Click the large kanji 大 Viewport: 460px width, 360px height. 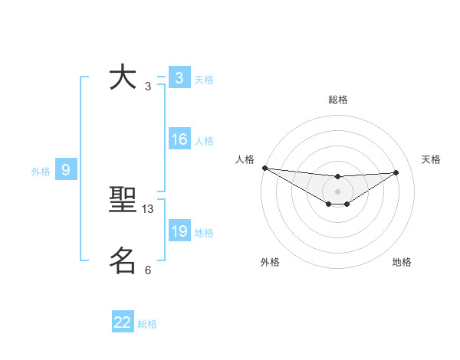123,78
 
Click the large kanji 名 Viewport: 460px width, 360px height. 123,260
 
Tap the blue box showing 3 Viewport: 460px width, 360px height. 179,78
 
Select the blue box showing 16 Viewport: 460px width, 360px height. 179,139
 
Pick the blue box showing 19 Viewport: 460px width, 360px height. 179,231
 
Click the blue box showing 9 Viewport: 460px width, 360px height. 66,170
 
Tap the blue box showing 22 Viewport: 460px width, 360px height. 123,322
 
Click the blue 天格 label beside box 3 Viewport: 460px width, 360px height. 204,80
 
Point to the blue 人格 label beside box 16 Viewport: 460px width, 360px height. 204,141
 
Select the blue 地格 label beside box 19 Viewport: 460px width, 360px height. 204,233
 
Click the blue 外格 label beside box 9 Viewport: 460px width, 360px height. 41,172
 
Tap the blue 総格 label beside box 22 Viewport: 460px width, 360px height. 147,324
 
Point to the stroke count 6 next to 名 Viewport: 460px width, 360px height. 148,270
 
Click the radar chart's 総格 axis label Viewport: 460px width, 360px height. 337,100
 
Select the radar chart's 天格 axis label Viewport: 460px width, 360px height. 431,159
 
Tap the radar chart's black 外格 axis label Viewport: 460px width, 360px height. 270,262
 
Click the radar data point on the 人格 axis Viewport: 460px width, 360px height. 264,168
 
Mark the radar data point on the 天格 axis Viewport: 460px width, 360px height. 396,172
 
